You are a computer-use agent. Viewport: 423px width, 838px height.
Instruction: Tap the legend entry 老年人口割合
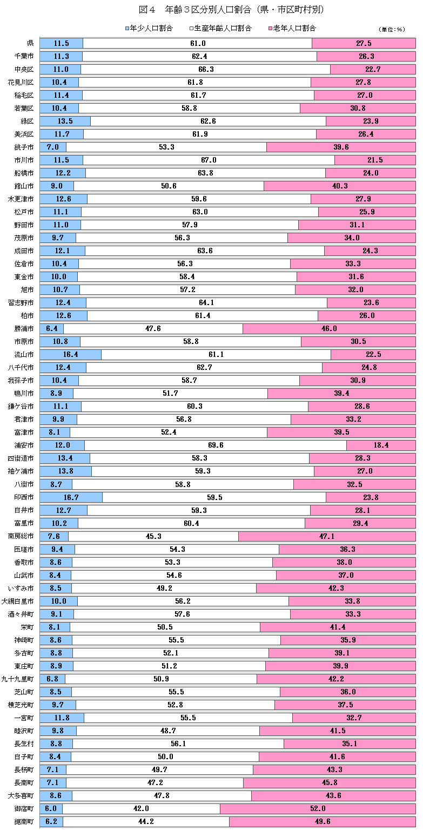[x=294, y=28]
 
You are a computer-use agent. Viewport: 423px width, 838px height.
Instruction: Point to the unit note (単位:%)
[x=392, y=29]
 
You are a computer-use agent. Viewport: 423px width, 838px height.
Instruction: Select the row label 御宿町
[x=24, y=808]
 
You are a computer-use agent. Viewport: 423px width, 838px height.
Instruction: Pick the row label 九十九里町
[x=18, y=679]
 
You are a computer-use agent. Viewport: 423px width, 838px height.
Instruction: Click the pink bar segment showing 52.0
[x=318, y=808]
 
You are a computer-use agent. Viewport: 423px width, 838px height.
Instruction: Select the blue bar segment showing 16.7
[x=71, y=497]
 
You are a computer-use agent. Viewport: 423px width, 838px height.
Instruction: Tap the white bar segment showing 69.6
[x=215, y=445]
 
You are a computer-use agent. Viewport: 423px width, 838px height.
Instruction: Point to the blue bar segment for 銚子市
[x=53, y=147]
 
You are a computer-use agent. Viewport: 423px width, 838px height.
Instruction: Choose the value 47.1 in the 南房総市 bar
[x=327, y=536]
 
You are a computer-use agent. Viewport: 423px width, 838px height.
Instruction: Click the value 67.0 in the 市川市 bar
[x=209, y=160]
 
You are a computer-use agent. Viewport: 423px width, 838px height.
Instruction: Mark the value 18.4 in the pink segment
[x=381, y=445]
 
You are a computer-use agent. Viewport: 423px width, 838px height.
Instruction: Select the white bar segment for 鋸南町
[x=146, y=821]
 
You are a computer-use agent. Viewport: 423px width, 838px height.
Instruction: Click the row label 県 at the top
[x=30, y=43]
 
